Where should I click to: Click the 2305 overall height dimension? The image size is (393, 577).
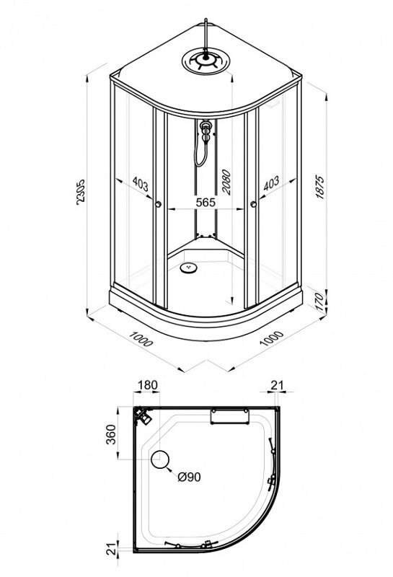click(x=80, y=192)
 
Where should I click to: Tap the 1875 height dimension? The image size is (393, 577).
click(x=320, y=188)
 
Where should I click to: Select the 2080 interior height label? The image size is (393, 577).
click(x=226, y=182)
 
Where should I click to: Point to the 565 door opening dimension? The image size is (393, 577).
click(x=206, y=202)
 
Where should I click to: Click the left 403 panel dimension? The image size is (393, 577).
click(x=140, y=184)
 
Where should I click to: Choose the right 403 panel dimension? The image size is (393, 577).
click(x=271, y=183)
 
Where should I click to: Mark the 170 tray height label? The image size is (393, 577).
click(x=320, y=301)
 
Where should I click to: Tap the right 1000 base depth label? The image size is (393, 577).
click(x=272, y=338)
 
